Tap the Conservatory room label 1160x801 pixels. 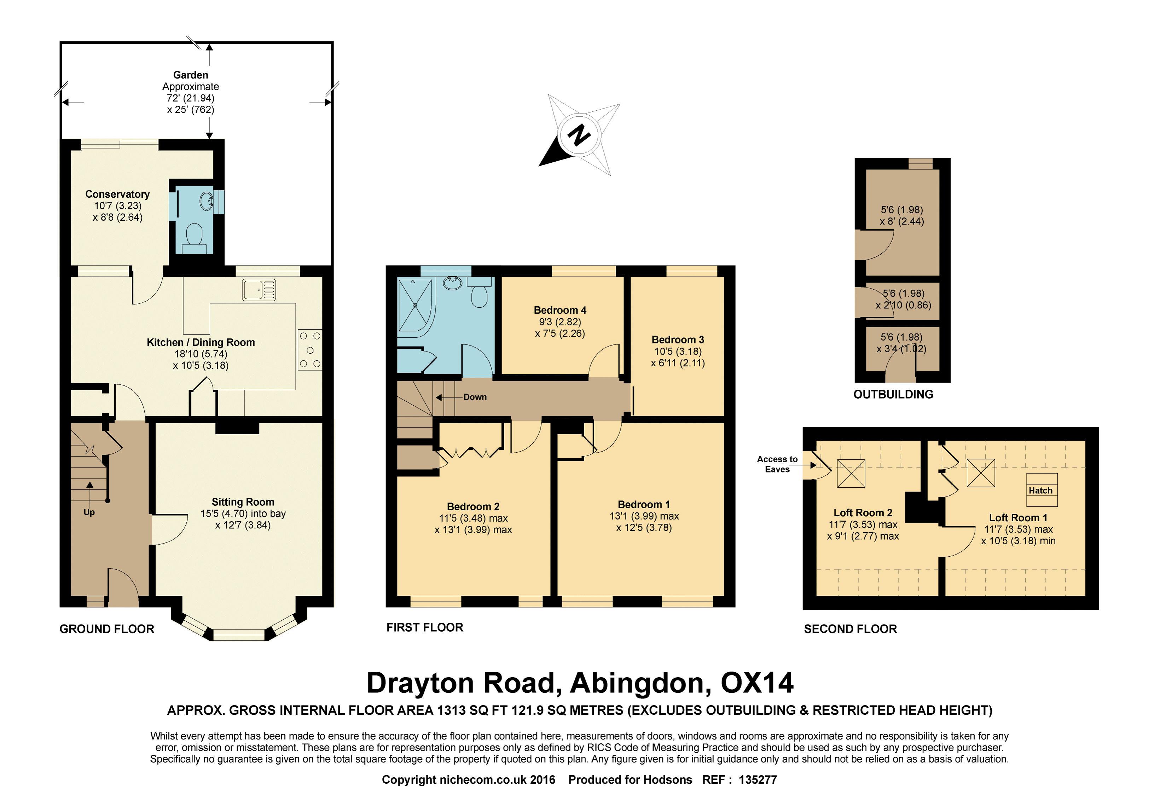click(117, 194)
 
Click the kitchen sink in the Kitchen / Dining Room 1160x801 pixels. click(259, 290)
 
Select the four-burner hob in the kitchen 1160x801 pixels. click(310, 350)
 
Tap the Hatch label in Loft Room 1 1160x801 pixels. click(1040, 491)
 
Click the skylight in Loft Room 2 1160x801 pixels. click(851, 473)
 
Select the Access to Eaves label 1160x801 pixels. click(777, 464)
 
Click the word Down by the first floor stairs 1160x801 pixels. click(475, 397)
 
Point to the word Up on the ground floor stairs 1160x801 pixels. click(89, 512)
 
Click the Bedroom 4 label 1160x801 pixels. click(560, 310)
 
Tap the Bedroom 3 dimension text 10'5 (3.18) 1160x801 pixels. click(678, 351)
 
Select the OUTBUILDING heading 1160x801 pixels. click(893, 394)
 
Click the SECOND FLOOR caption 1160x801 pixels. click(850, 629)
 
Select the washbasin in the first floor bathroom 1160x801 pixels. click(453, 284)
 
